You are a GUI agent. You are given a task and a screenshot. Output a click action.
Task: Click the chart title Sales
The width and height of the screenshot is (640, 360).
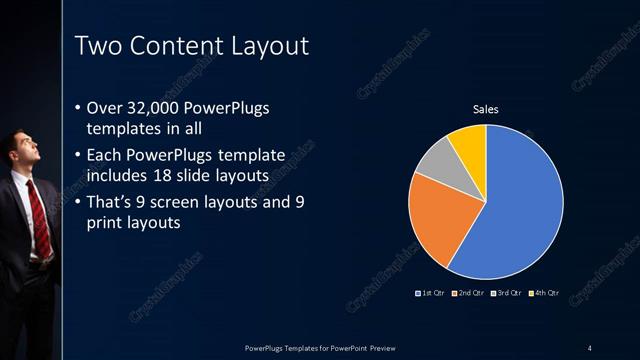click(485, 109)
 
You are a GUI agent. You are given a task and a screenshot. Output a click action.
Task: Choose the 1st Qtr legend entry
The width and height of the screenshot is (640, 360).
click(431, 293)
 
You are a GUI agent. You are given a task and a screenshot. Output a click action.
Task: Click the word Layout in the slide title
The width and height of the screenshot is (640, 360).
click(263, 45)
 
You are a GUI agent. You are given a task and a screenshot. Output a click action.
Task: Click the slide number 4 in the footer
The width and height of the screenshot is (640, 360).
click(589, 347)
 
